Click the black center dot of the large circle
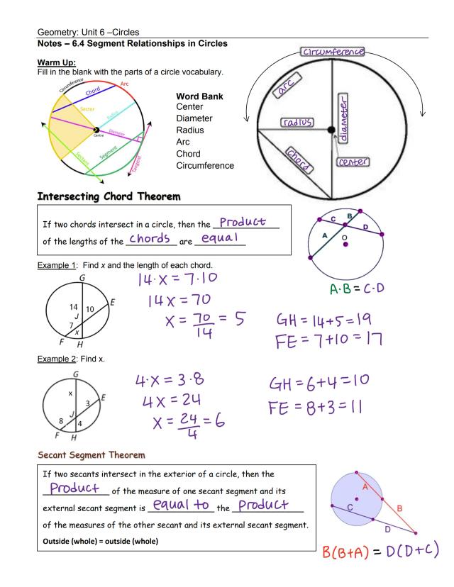(x=331, y=130)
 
